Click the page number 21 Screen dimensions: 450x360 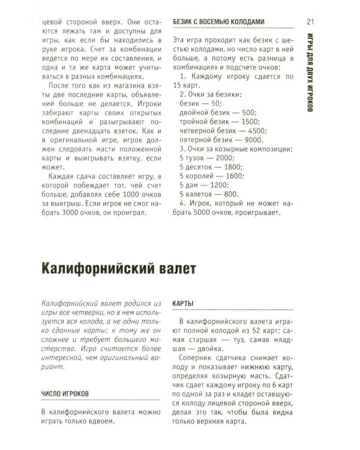[311, 22]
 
